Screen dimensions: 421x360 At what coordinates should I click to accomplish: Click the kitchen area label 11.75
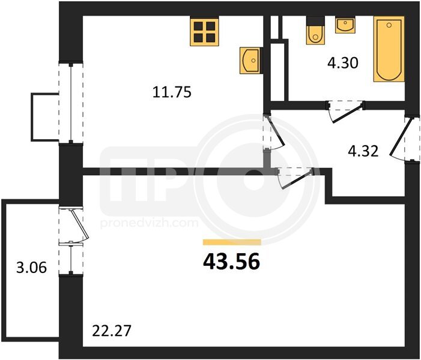click(172, 92)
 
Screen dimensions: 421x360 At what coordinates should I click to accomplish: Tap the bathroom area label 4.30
click(343, 64)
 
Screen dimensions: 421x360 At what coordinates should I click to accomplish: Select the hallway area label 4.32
click(363, 151)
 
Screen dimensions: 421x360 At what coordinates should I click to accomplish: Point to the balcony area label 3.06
click(31, 268)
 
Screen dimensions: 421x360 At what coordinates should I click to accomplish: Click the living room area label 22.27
click(112, 331)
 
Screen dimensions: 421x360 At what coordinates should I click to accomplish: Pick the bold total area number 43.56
click(231, 262)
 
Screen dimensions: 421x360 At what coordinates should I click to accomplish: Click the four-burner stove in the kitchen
click(204, 31)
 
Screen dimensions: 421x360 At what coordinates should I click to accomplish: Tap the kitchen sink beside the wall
click(250, 61)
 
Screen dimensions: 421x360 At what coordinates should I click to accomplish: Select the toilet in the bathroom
click(315, 31)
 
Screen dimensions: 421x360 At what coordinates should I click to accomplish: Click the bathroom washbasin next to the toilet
click(345, 25)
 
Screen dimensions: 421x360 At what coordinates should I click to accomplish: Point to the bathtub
click(389, 49)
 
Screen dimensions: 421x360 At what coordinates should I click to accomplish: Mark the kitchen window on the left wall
click(71, 103)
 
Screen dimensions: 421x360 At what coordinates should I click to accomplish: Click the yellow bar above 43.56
click(232, 242)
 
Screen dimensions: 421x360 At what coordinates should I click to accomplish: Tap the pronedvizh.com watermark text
click(150, 223)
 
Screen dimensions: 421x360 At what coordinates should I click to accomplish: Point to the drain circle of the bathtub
click(389, 25)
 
